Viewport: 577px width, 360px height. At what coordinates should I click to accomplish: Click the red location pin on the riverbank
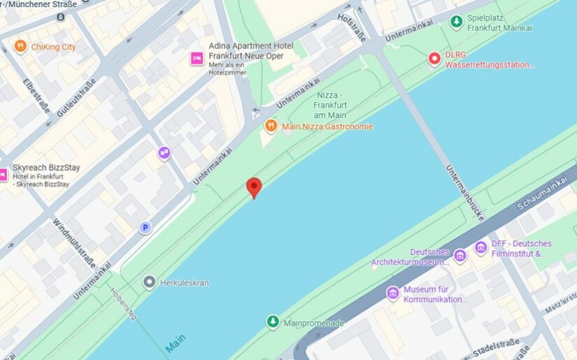[x=254, y=187]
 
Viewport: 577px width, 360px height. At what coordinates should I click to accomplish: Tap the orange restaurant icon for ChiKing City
[x=20, y=47]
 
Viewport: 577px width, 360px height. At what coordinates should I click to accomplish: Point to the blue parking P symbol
[x=145, y=227]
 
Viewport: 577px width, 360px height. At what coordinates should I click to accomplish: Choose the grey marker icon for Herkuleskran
[x=149, y=282]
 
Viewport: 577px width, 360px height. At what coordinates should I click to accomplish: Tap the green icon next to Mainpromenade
[x=273, y=322]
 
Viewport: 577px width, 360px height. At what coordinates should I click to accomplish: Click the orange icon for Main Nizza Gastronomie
[x=271, y=126]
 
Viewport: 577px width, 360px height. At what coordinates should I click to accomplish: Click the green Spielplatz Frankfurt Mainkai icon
[x=456, y=22]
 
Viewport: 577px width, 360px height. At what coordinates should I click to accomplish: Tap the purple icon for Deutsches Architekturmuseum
[x=460, y=256]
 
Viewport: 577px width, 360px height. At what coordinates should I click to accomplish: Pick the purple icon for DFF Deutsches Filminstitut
[x=480, y=247]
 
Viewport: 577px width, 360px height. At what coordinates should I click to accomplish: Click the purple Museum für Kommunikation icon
[x=392, y=293]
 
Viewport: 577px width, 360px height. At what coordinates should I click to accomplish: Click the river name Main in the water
[x=176, y=344]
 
